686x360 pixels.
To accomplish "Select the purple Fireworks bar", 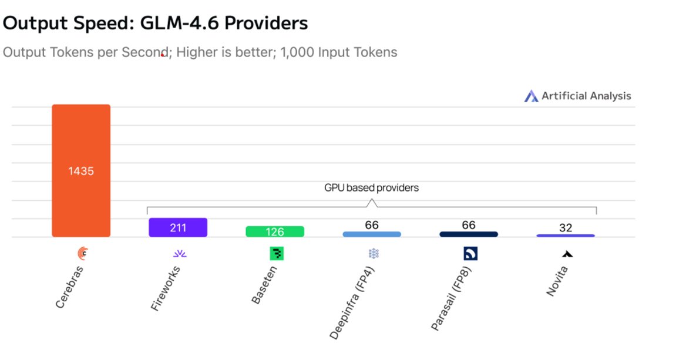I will tap(178, 227).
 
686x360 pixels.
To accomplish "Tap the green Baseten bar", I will tap(275, 231).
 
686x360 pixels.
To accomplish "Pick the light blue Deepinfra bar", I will tap(372, 234).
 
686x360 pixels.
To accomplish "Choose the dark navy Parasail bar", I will tap(469, 234).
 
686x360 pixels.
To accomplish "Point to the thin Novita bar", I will tap(566, 235).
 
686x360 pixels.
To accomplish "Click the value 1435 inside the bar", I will tap(81, 171).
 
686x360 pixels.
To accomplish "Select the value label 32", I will tap(566, 228).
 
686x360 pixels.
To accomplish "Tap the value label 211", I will tap(178, 228).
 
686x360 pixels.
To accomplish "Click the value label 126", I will tap(275, 232).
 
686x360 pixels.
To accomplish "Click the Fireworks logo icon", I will tap(179, 254).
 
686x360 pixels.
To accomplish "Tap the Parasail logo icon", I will tap(470, 254).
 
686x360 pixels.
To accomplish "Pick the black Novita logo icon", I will tap(567, 254).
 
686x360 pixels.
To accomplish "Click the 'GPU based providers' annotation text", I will tap(371, 189).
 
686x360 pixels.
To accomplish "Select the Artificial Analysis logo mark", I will tap(531, 96).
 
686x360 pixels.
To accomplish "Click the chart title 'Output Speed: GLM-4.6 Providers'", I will tap(156, 23).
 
